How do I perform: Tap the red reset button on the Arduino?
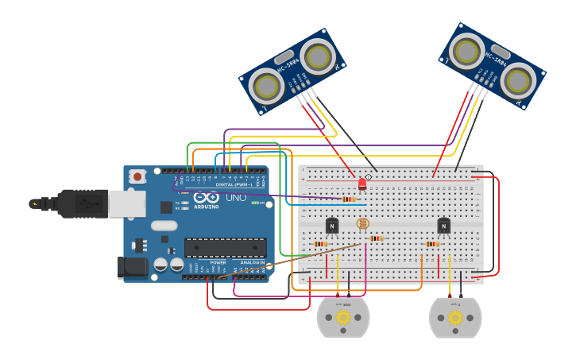point(137,176)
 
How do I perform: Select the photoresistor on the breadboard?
point(363,223)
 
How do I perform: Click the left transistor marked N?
point(332,226)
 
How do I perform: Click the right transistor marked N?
point(444,226)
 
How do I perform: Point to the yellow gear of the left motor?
point(343,317)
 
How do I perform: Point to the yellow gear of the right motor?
point(455,317)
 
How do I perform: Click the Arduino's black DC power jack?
point(131,268)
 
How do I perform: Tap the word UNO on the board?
point(236,197)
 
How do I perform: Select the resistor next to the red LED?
point(348,199)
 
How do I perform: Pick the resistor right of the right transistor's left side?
point(433,244)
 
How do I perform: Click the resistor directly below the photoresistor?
point(376,238)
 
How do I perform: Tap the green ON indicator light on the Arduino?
point(256,203)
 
